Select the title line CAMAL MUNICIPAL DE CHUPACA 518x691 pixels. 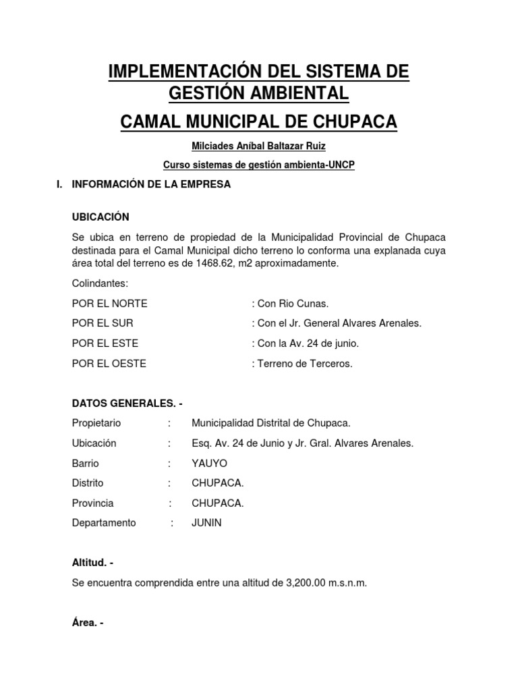point(259,122)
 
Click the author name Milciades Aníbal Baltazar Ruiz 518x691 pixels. point(259,146)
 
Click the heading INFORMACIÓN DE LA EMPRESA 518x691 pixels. point(151,184)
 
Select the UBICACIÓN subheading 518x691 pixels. point(100,217)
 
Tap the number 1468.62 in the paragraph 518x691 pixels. point(210,263)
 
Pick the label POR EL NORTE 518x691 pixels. point(109,303)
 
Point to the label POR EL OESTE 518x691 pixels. point(109,364)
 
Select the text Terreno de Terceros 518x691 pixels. point(305,364)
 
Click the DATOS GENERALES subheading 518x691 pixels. point(127,404)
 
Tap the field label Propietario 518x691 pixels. point(96,423)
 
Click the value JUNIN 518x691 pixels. point(206,523)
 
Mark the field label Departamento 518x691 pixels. point(104,523)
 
